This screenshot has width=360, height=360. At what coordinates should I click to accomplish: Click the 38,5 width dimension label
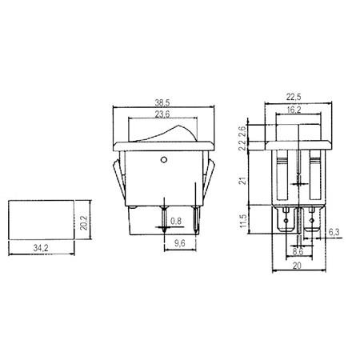tap(162, 102)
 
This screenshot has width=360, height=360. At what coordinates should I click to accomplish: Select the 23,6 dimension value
tap(162, 114)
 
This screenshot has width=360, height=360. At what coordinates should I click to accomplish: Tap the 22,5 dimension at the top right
tap(294, 97)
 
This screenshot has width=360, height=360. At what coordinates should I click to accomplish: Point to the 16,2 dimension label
tap(294, 110)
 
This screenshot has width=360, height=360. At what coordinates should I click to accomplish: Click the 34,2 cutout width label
tap(41, 248)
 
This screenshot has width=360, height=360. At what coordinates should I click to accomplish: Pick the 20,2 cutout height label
tap(84, 222)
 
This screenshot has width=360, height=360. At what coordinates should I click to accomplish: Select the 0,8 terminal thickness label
tap(176, 221)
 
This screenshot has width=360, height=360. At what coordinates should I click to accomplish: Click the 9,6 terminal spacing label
tap(180, 243)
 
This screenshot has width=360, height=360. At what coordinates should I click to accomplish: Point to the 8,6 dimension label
tap(298, 251)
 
